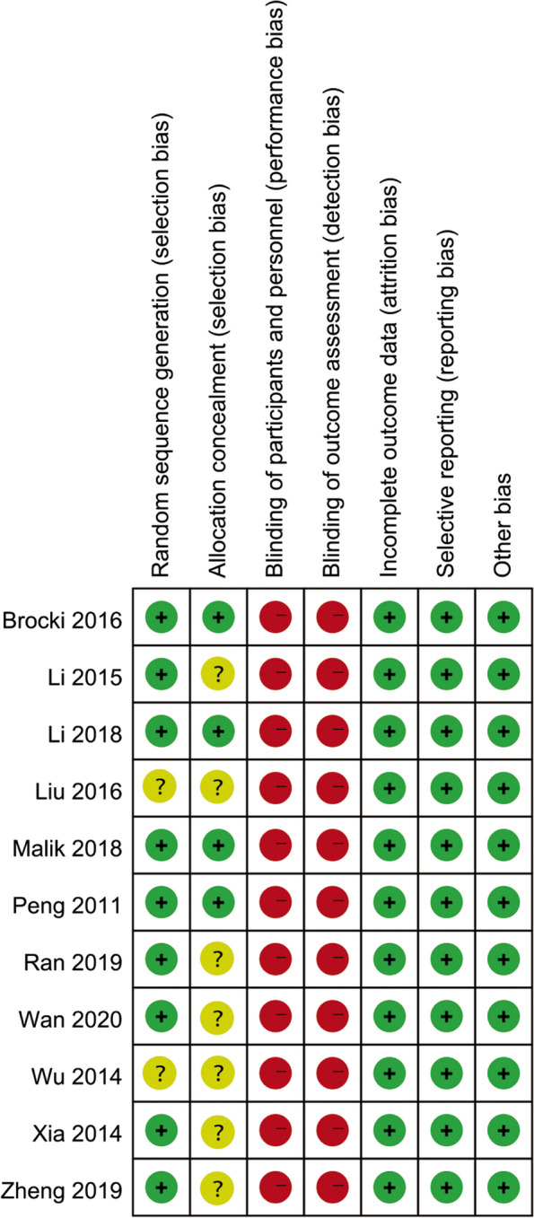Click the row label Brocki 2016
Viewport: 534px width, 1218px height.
(x=62, y=620)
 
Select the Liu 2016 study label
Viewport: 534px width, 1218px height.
(x=79, y=791)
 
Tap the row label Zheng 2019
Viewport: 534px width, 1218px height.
(x=61, y=1190)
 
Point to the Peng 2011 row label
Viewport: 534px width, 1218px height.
(x=67, y=906)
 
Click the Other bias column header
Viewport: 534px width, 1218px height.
(x=503, y=525)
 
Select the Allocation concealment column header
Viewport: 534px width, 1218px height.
(x=217, y=381)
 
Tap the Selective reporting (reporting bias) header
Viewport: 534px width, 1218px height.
(x=445, y=404)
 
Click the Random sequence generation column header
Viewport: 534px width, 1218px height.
(x=160, y=346)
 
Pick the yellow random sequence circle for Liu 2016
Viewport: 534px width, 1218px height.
(x=160, y=788)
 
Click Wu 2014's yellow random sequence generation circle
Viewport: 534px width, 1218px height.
(x=160, y=1073)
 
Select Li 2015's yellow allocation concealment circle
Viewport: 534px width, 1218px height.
(x=217, y=674)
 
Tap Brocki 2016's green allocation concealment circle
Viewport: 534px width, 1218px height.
(x=218, y=618)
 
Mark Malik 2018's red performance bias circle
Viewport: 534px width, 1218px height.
(x=276, y=845)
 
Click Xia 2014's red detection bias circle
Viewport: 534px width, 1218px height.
(x=332, y=1130)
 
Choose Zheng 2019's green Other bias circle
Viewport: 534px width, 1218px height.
(x=503, y=1187)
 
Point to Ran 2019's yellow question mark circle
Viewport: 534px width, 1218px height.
(x=217, y=960)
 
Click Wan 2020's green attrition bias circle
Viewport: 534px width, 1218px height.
(x=390, y=1016)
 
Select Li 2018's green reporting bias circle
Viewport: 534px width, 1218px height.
(x=446, y=731)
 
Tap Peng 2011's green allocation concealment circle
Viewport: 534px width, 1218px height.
(x=218, y=902)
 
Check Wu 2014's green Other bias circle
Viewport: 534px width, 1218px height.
(x=503, y=1073)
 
